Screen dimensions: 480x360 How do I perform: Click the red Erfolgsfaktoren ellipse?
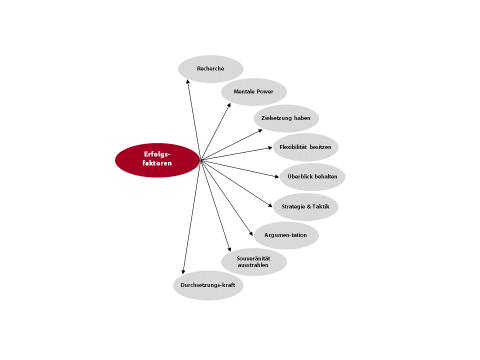coord(157,160)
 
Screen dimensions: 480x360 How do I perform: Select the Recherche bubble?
coord(210,69)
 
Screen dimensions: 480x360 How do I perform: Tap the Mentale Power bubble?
coord(254,92)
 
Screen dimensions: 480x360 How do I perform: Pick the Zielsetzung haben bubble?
coord(286,118)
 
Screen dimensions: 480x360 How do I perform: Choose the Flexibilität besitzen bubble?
coord(305,147)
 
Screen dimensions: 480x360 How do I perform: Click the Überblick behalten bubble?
coord(312,177)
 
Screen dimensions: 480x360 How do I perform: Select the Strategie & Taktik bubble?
coord(305,207)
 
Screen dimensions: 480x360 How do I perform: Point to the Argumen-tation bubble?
coord(286,235)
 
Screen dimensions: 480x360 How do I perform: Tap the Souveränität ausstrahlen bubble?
coord(254,262)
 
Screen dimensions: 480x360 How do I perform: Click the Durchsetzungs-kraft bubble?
coord(208,285)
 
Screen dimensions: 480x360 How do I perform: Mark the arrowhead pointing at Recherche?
coord(187,81)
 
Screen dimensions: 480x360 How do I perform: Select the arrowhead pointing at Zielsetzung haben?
coord(260,130)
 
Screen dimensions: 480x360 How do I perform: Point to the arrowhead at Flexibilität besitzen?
coord(270,148)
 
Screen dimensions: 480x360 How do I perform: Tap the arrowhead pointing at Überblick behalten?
coord(277,176)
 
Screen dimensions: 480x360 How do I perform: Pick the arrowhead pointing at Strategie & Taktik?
coord(270,205)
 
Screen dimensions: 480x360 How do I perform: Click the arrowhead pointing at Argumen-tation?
coord(251,233)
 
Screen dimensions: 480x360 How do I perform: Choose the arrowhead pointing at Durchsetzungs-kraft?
coord(183,272)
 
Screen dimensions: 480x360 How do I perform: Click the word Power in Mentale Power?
coord(265,91)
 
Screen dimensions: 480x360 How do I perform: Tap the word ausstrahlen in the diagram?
coord(253,265)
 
